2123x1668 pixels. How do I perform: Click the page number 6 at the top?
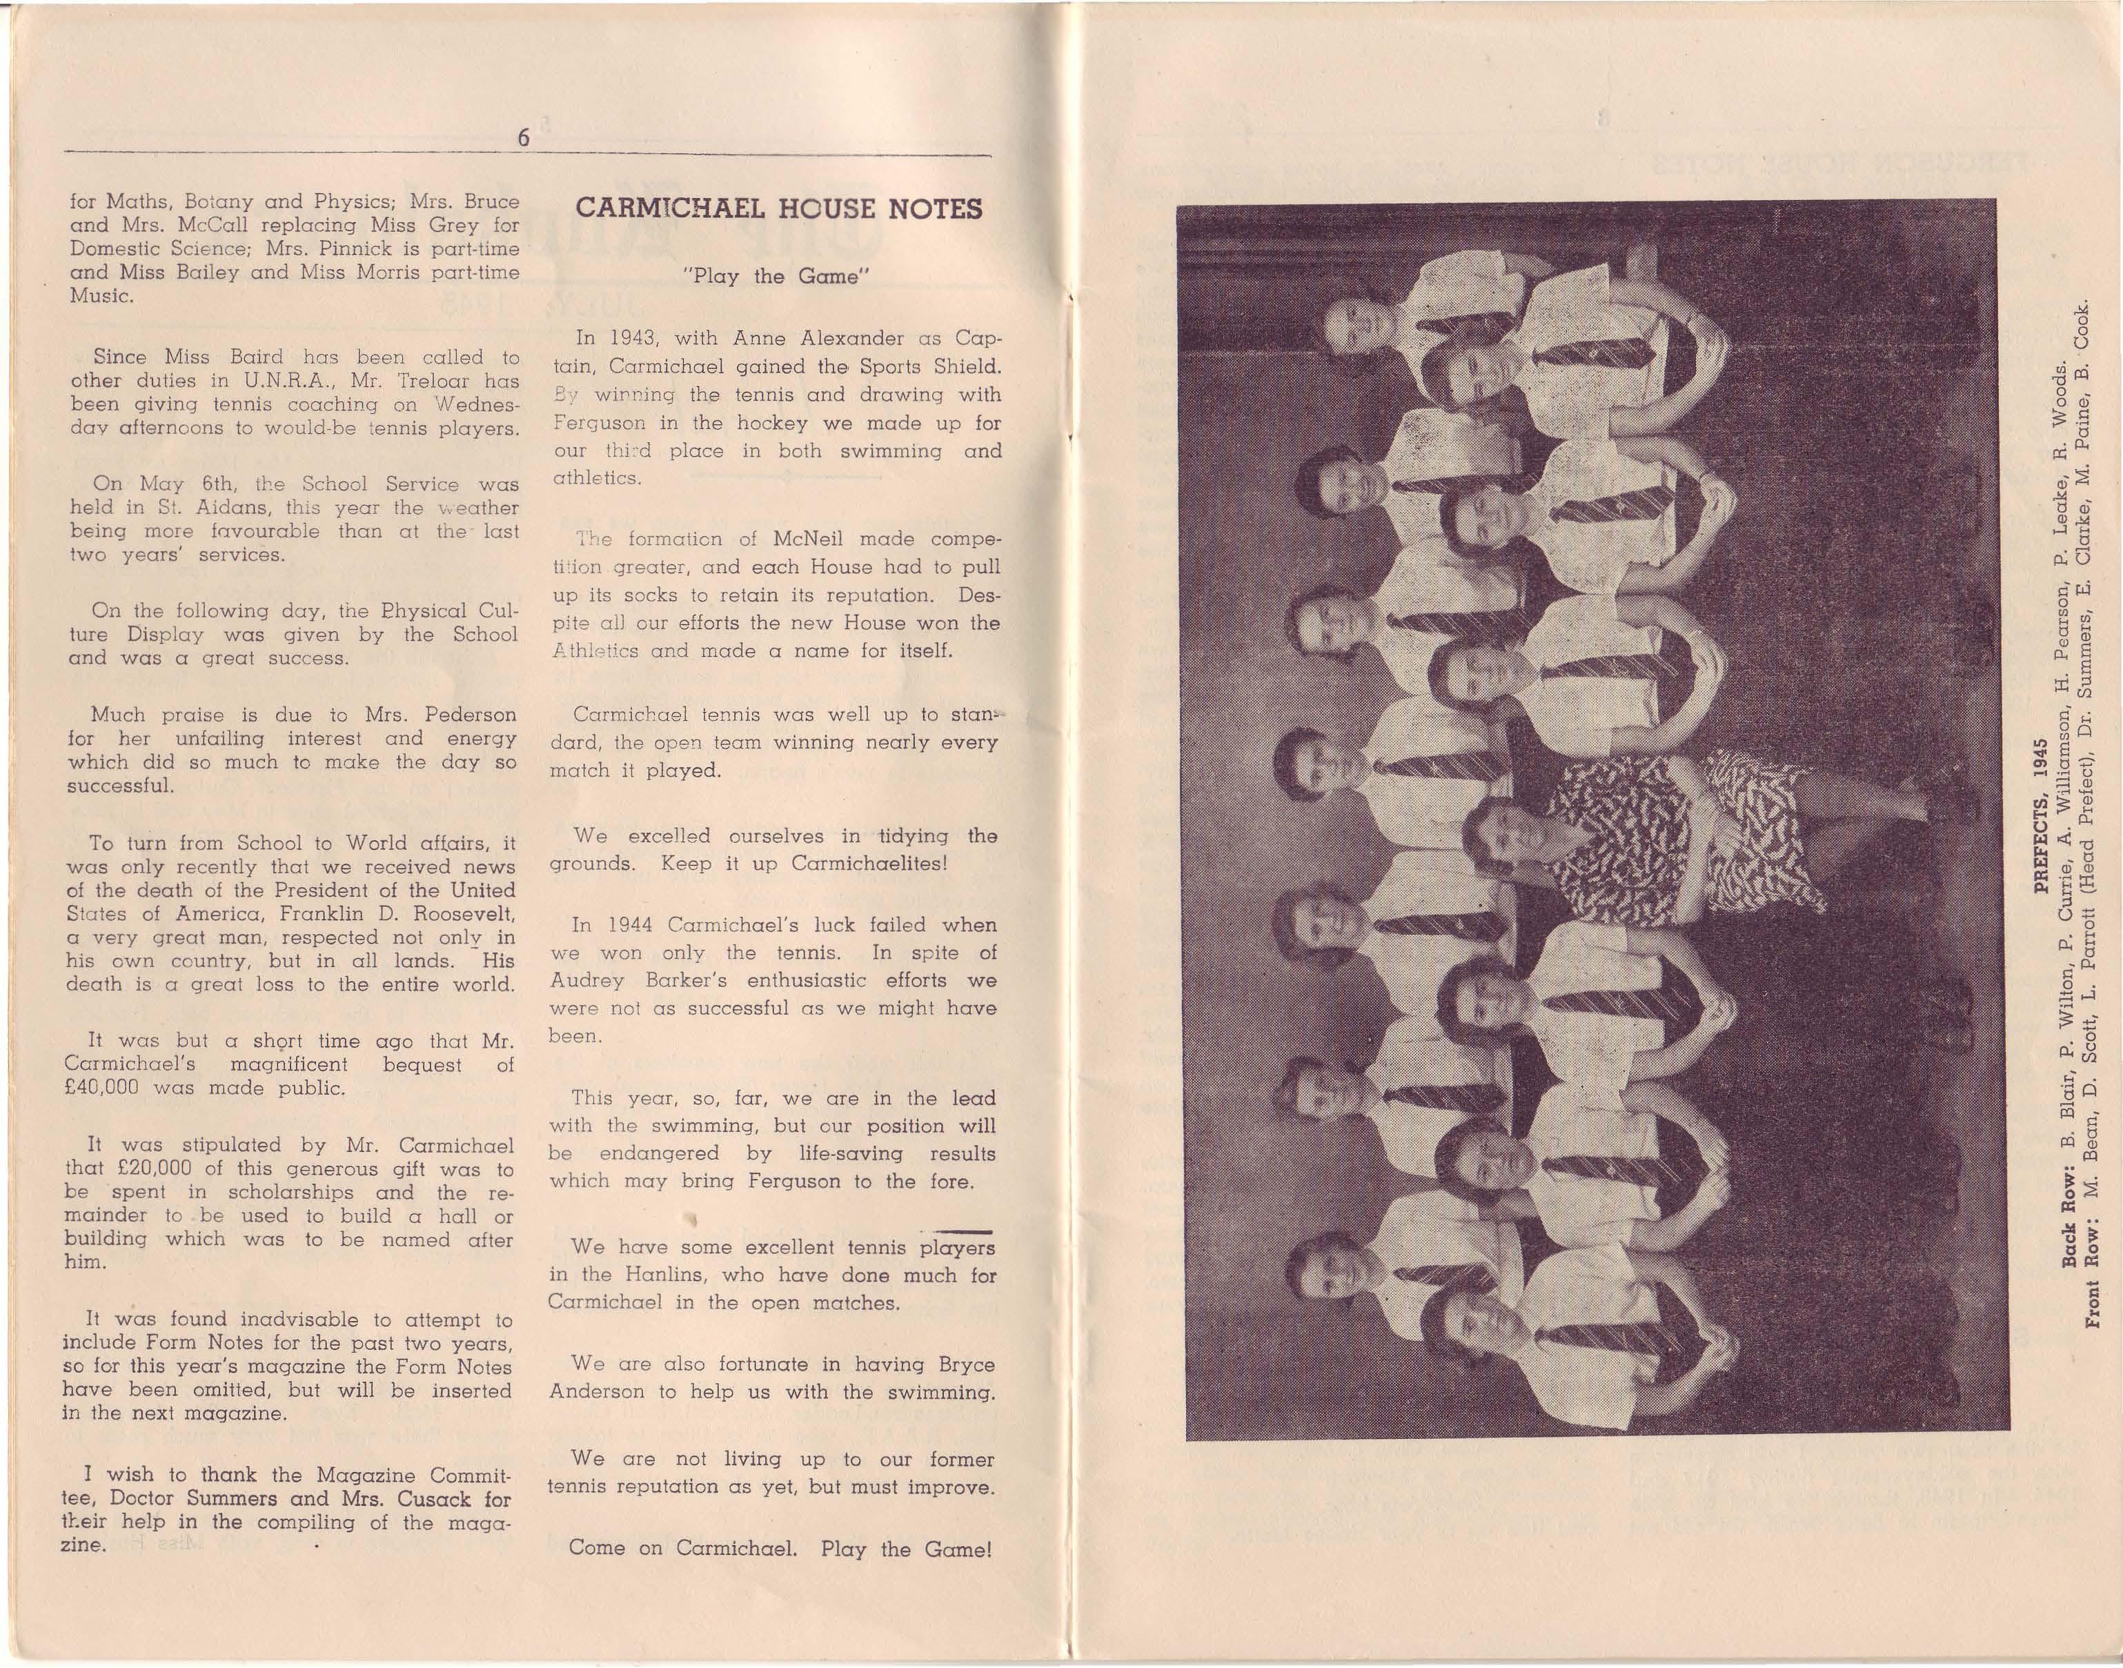[524, 139]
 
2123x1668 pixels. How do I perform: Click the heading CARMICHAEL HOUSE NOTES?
[778, 210]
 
